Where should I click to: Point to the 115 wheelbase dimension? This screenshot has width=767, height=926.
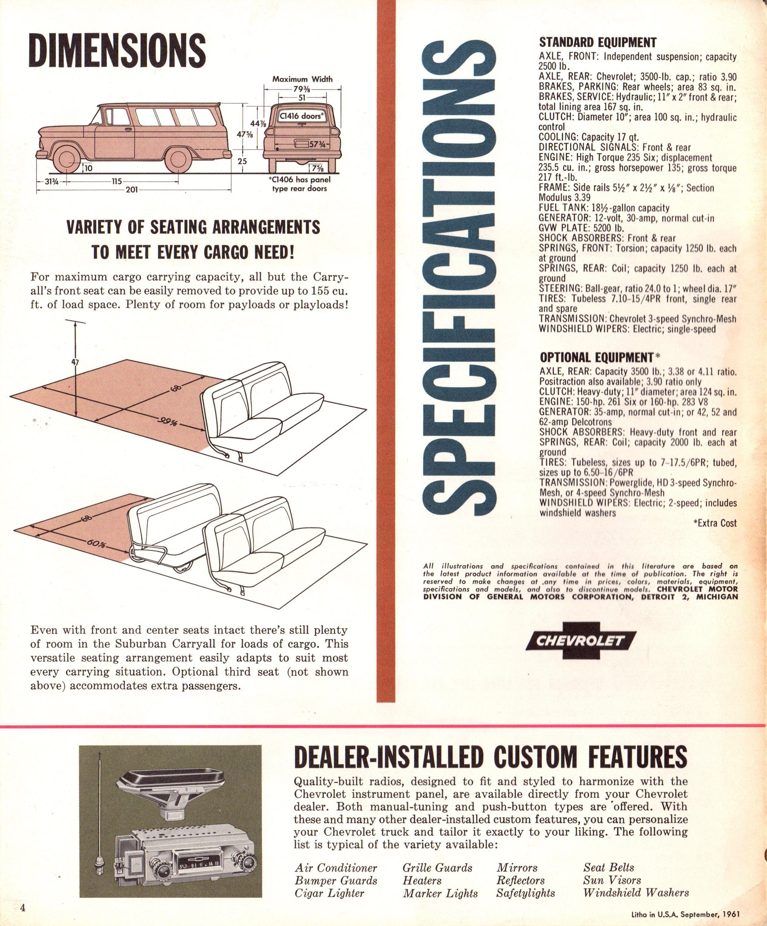tap(117, 181)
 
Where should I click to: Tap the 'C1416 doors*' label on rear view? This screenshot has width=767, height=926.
tap(302, 116)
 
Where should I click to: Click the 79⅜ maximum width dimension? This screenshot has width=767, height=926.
tap(302, 90)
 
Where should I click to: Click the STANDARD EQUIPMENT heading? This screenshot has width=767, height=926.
tap(598, 42)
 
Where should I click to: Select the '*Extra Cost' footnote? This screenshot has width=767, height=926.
tap(714, 523)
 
